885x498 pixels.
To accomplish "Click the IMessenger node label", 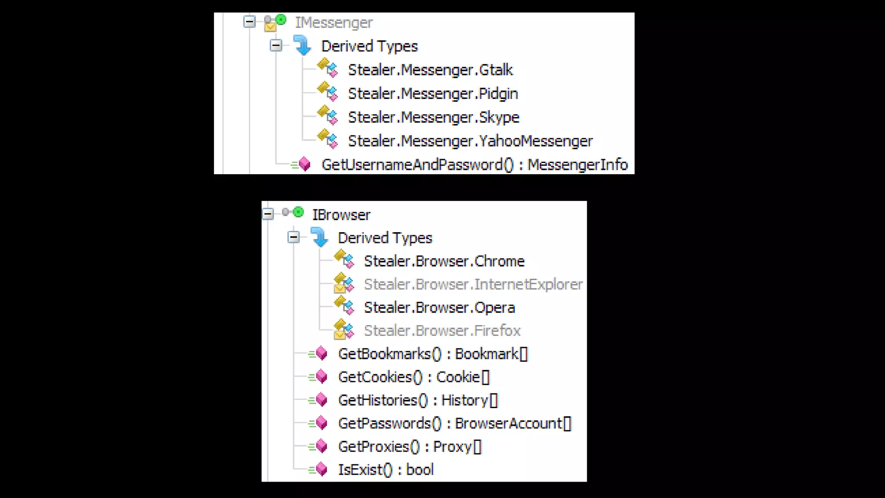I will pos(334,22).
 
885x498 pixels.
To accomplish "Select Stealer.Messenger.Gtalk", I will pos(430,70).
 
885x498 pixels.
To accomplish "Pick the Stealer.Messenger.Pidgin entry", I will pos(433,94).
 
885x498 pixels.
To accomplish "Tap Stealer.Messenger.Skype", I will pos(433,118).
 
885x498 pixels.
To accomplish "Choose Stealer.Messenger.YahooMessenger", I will pos(470,141).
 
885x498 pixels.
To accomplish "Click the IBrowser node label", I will pos(341,215).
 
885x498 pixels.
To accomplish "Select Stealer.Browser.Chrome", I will pos(444,262).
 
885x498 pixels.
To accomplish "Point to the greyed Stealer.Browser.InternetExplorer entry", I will pos(473,284).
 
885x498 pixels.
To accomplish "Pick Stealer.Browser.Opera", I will pos(439,308).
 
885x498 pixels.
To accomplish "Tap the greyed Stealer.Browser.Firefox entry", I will pos(442,331).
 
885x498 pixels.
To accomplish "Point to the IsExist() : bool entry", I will pos(386,470).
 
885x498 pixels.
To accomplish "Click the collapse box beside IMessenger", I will pos(249,22).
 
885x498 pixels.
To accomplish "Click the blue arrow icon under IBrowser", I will pos(319,237).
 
